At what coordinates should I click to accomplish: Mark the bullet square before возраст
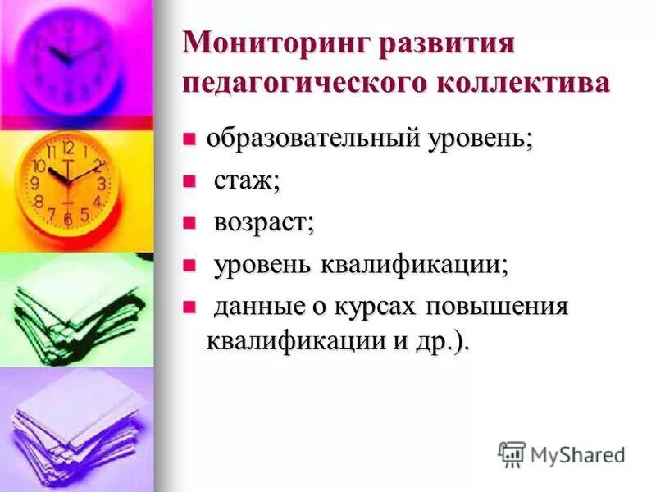pyautogui.click(x=189, y=222)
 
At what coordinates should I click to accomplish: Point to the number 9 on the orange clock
pyautogui.click(x=35, y=184)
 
